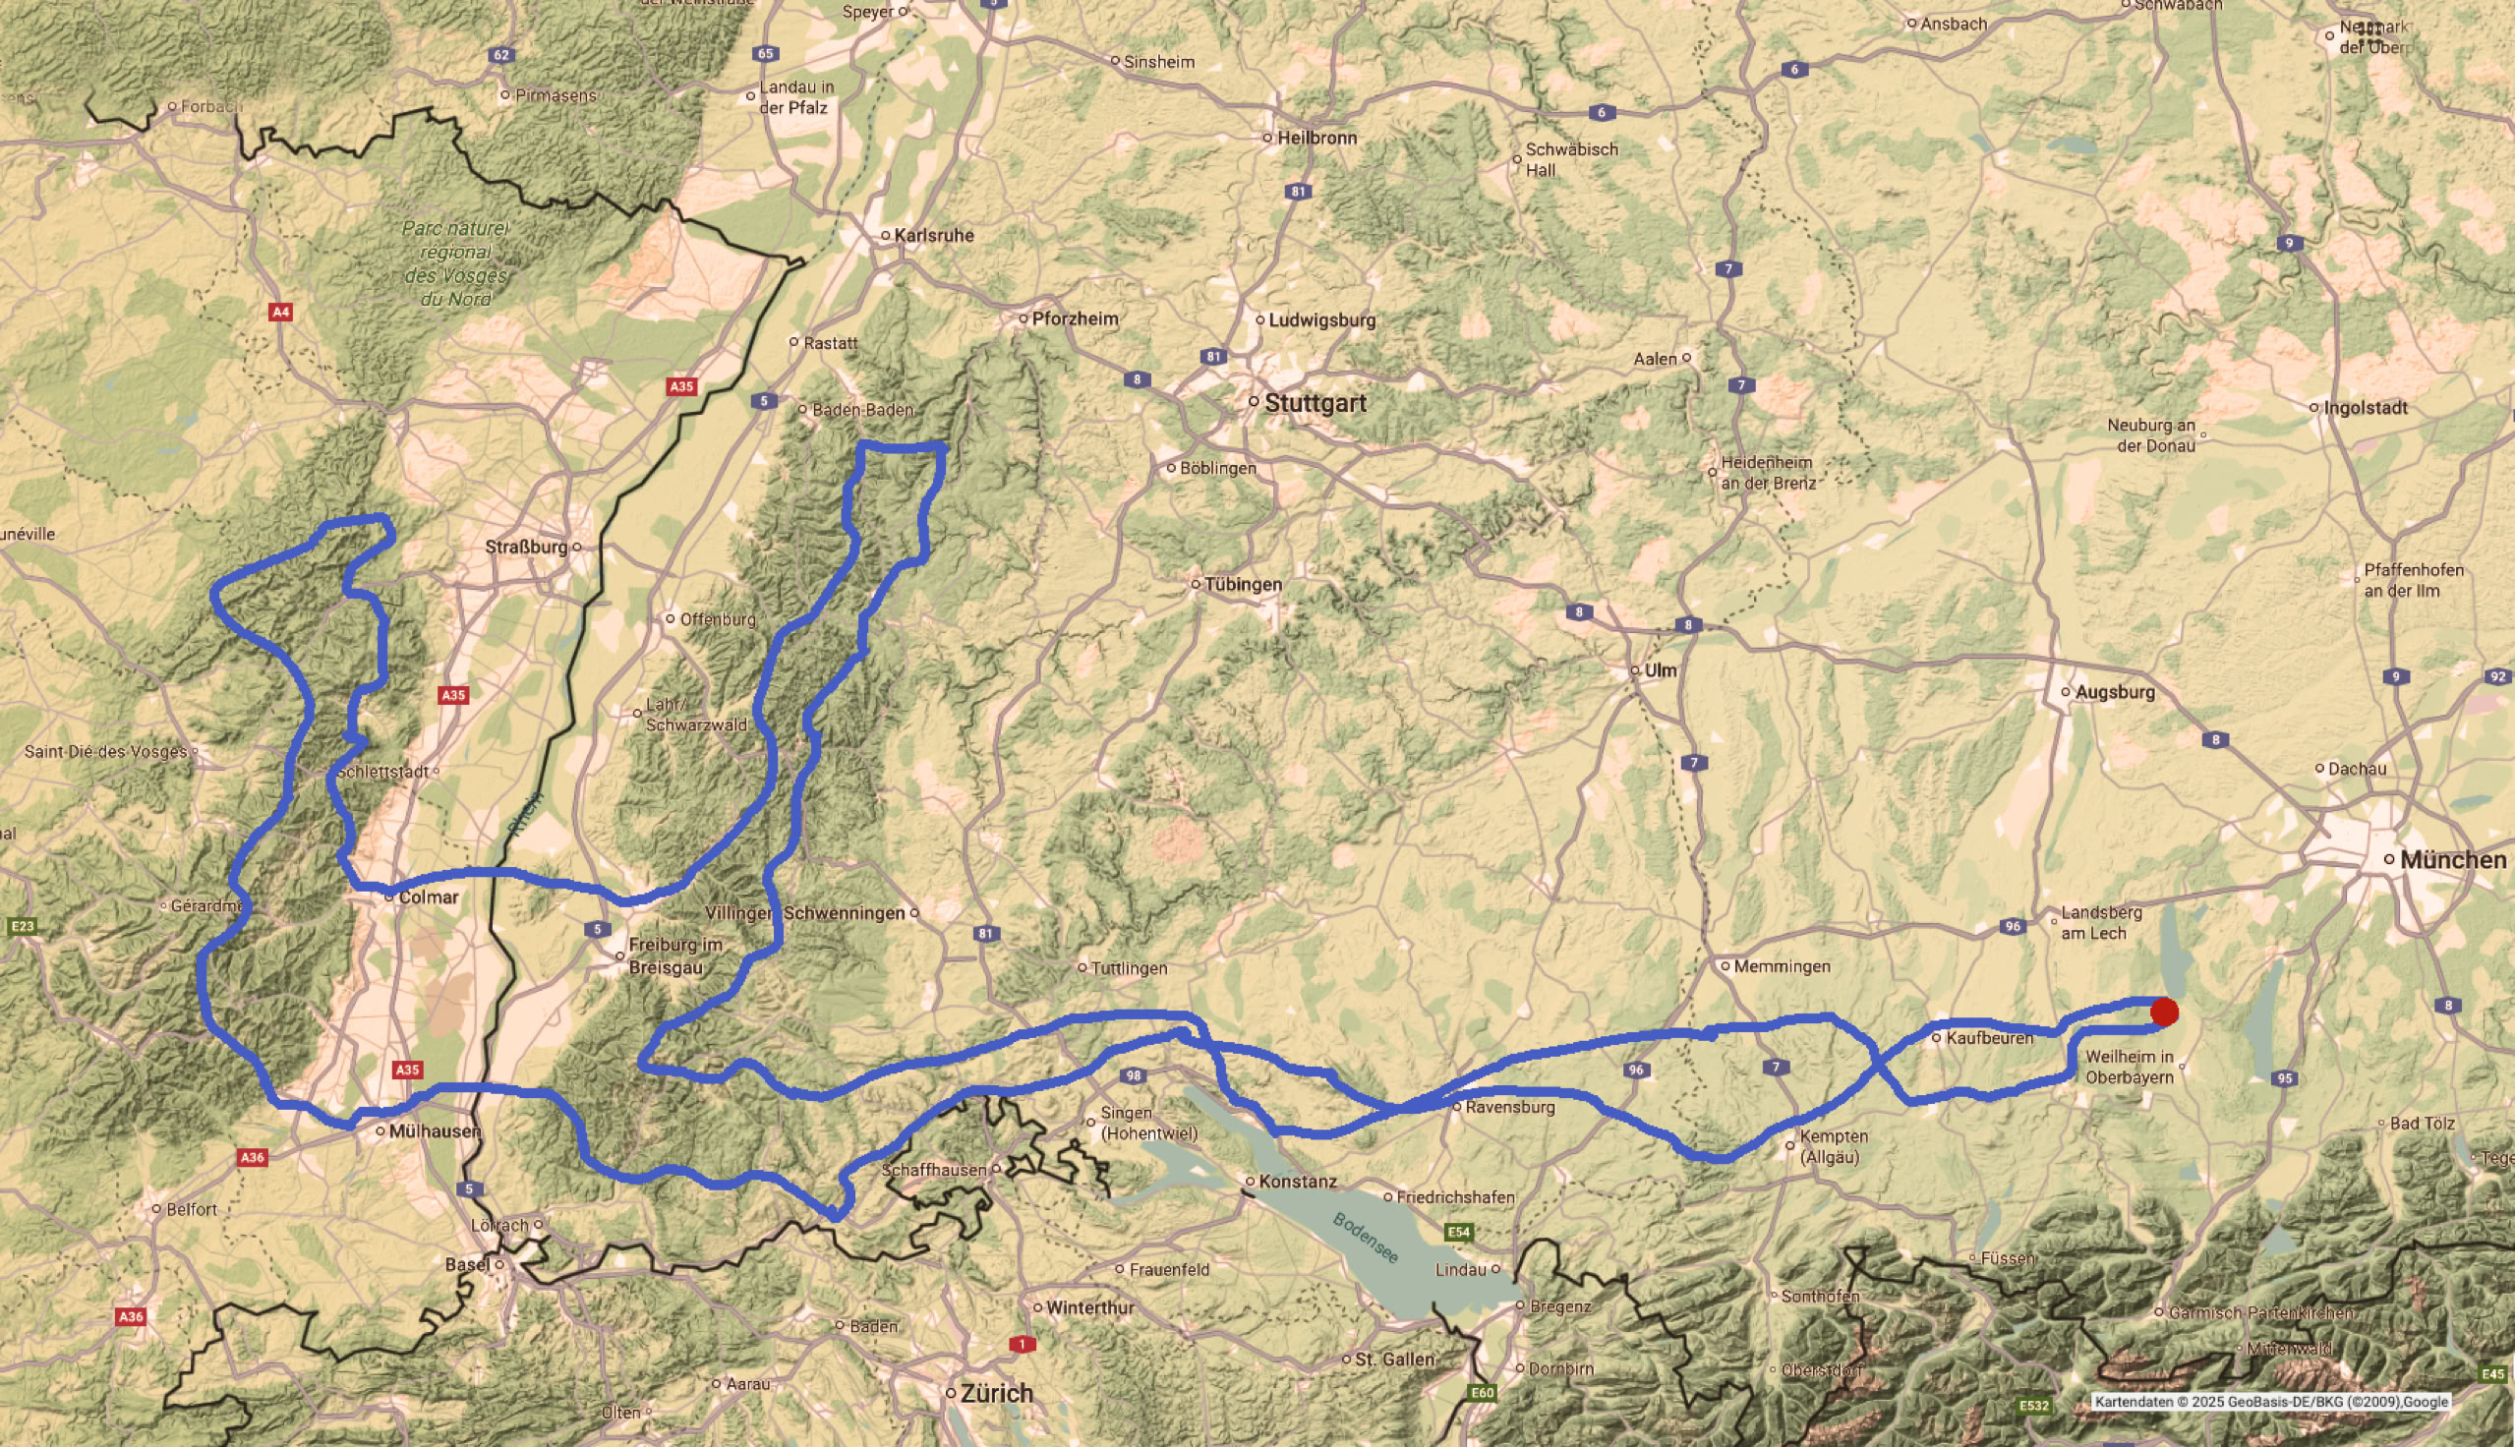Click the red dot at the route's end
tap(2164, 1012)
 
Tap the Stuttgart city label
tap(1316, 403)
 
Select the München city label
tap(2452, 860)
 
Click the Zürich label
tap(997, 1393)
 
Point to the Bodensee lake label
tap(1366, 1238)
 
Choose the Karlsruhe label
tap(933, 236)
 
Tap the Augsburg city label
tap(2115, 692)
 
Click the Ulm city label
tap(1660, 669)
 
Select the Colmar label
tap(429, 897)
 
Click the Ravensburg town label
tap(1509, 1106)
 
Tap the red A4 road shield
tap(280, 312)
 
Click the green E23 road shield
tap(21, 926)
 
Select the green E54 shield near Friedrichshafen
tap(1458, 1233)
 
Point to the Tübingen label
tap(1242, 584)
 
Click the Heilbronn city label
tap(1316, 139)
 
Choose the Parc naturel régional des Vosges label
tap(455, 263)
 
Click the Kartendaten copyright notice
tap(2270, 1401)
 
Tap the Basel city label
tap(467, 1264)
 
